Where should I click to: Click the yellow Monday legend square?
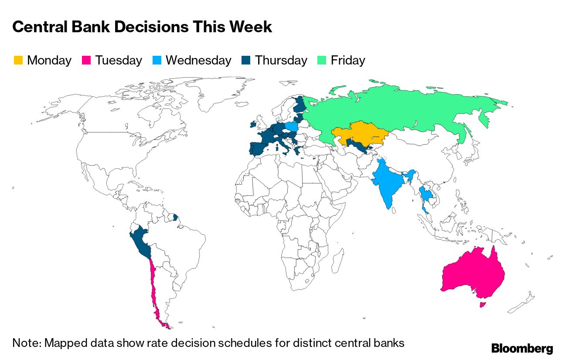[x=18, y=60]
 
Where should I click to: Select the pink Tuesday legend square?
[x=86, y=60]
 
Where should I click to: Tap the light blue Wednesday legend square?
[x=157, y=60]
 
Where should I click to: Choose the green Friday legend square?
[x=322, y=60]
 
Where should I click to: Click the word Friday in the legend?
[x=348, y=60]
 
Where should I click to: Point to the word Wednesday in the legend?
[x=198, y=60]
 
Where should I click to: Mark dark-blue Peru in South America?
[x=142, y=242]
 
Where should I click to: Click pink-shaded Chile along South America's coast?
[x=153, y=288]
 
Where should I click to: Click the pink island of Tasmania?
[x=482, y=304]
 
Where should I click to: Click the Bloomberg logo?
[x=522, y=348]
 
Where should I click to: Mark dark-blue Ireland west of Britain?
[x=252, y=125]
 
